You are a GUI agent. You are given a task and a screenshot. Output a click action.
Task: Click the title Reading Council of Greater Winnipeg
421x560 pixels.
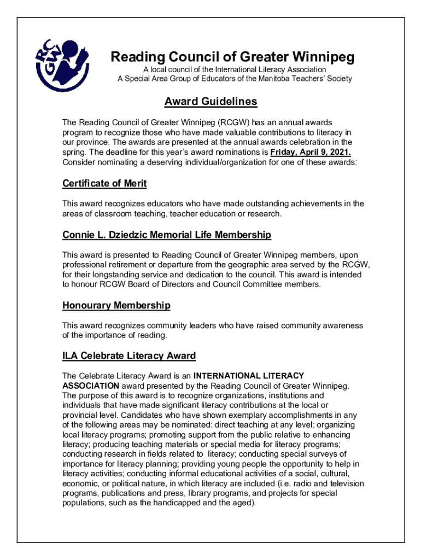(233, 57)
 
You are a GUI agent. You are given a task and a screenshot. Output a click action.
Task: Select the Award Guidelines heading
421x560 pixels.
(210, 102)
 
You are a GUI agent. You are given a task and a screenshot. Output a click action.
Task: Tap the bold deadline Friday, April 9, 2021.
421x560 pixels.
(311, 152)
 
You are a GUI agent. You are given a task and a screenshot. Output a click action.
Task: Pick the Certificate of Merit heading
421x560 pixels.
(104, 184)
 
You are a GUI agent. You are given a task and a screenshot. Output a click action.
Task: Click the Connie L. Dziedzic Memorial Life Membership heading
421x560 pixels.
(167, 235)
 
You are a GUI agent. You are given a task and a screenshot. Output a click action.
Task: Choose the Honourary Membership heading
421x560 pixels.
(116, 305)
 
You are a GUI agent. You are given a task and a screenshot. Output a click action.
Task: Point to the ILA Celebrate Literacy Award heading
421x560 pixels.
(129, 356)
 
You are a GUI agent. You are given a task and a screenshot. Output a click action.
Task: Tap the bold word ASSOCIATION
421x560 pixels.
(88, 386)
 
